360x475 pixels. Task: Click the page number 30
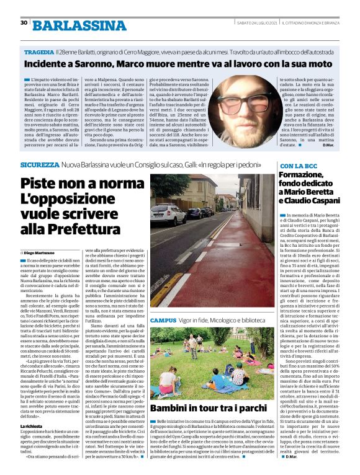[x=24, y=23]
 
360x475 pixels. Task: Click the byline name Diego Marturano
[x=44, y=253]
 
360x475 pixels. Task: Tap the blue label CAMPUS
[x=162, y=319]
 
